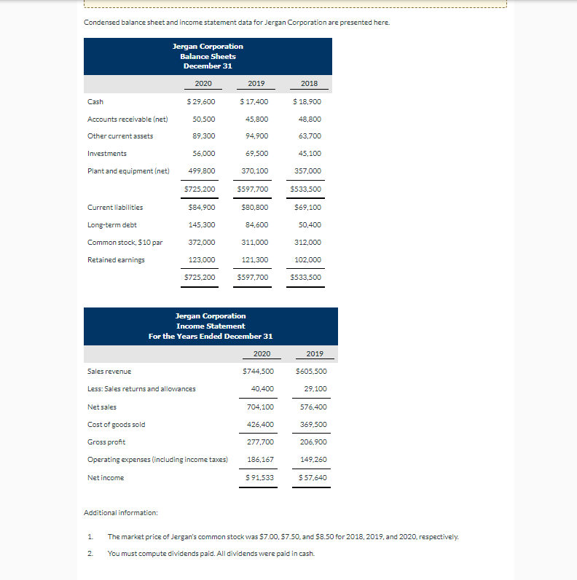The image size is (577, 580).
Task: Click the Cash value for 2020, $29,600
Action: (200, 101)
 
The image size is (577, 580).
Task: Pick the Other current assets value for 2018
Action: (310, 136)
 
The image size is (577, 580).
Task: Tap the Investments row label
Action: (107, 153)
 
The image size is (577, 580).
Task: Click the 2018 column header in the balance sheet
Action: (309, 83)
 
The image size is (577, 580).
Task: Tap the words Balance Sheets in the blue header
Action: (208, 56)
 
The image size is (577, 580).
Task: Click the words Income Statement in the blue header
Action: (211, 326)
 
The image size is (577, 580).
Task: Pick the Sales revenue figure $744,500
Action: (258, 371)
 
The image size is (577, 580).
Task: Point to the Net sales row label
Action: (102, 407)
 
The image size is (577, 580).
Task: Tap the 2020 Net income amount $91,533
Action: (259, 477)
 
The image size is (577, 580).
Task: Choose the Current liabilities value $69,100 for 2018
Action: (307, 207)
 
